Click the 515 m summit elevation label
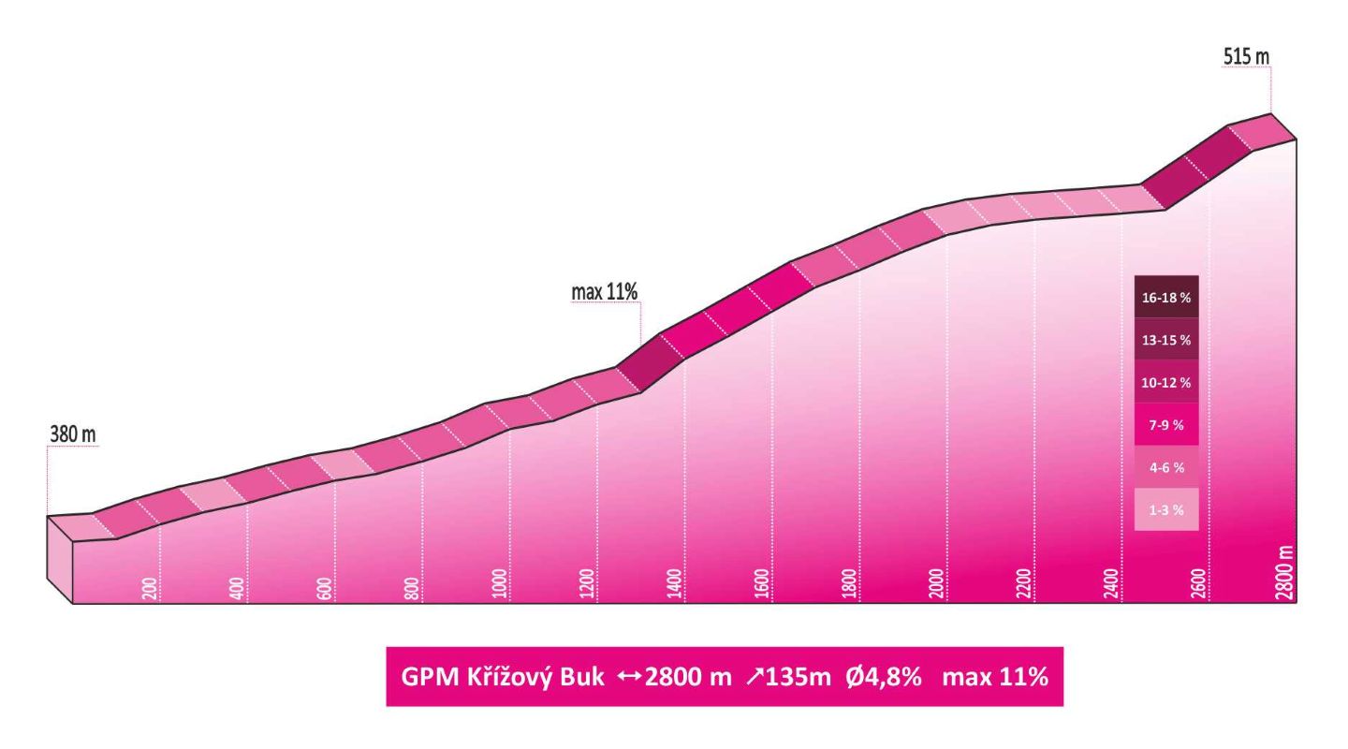(1246, 56)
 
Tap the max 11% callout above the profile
(604, 292)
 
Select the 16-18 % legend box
(1165, 298)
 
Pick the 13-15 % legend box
(1165, 340)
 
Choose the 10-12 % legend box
(1165, 383)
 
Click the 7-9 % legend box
(1165, 425)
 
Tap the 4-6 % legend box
(1165, 467)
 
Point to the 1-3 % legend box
(1165, 510)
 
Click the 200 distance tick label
(150, 588)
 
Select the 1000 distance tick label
(499, 583)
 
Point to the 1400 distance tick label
(674, 583)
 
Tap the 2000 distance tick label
(936, 583)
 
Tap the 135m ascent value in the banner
(799, 677)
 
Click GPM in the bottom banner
(423, 677)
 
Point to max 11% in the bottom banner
(995, 677)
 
